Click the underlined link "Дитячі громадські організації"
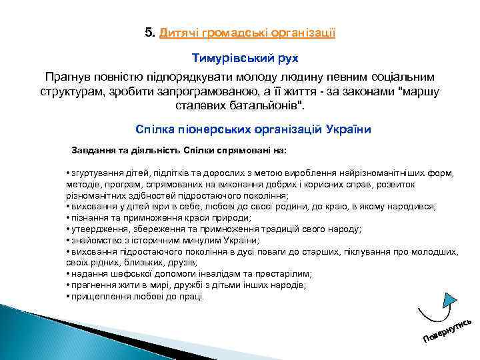(247, 32)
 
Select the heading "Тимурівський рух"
(240, 59)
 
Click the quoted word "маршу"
(419, 91)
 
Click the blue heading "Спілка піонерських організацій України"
(253, 129)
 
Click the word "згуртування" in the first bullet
(96, 173)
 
